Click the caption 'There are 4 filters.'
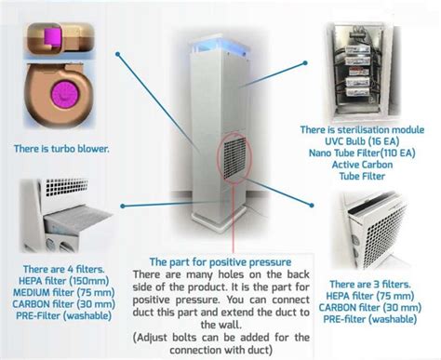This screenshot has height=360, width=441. [x=54, y=269]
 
